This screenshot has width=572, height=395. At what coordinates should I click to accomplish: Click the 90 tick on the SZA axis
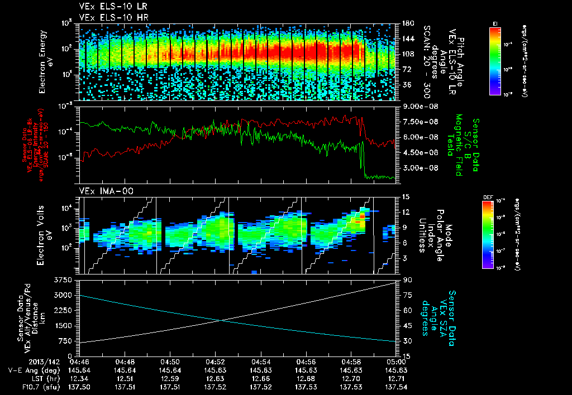pos(403,278)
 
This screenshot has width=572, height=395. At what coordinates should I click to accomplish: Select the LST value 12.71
pos(397,377)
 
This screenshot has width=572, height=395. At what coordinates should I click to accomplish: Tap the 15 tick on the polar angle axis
pos(403,196)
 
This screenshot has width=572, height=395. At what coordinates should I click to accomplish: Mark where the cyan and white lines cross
pos(223,320)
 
